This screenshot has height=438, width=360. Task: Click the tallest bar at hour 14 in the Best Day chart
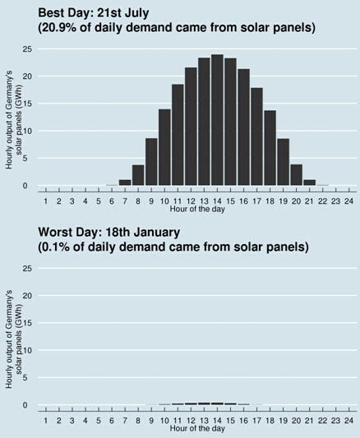[x=217, y=120]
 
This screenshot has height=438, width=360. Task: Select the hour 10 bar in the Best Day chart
[x=164, y=147]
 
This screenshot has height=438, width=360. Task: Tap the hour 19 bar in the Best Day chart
[x=284, y=162]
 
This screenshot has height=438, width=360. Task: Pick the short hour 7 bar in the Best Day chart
[x=125, y=182]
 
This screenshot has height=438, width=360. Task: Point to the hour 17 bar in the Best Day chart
[x=256, y=136]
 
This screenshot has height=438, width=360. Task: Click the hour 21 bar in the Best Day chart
[x=309, y=182]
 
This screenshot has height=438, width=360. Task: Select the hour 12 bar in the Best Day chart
[x=191, y=127]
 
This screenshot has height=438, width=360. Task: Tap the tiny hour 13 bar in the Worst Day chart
[x=204, y=403]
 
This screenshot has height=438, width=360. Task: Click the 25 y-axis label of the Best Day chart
[x=27, y=49]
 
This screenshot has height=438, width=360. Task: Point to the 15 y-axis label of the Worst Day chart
[x=27, y=323]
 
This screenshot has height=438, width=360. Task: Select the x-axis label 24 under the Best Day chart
[x=349, y=201]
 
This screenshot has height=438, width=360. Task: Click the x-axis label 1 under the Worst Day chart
[x=46, y=421]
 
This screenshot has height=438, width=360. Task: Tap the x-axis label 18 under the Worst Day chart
[x=270, y=421]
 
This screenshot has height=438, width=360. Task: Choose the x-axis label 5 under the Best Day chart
[x=99, y=201]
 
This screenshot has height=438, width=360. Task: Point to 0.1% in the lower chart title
[x=56, y=247]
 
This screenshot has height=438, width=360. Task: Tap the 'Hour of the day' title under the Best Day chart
[x=197, y=209]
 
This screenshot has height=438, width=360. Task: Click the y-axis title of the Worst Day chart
[x=14, y=339]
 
